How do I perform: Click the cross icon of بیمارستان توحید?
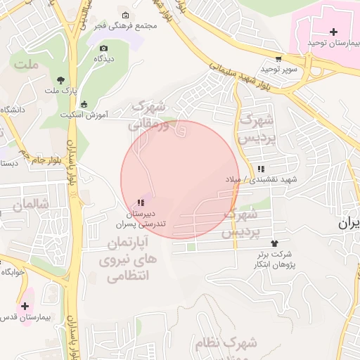click(333, 32)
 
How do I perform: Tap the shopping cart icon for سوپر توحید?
click(279, 59)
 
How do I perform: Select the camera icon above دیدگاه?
click(104, 49)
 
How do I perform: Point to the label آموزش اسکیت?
click(84, 114)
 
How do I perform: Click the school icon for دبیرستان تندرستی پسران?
click(140, 202)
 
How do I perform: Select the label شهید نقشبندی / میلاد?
click(261, 179)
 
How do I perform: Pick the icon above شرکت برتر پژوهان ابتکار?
click(274, 243)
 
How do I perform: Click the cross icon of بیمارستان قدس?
click(25, 306)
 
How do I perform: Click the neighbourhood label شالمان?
click(30, 204)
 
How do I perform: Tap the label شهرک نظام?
click(235, 344)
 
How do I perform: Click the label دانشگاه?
click(13, 110)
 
